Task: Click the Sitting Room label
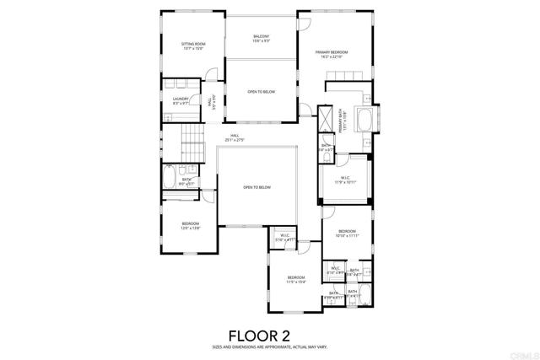[193, 46]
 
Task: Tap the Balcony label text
[262, 39]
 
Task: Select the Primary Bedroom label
[332, 55]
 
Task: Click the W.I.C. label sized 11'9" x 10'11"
[342, 180]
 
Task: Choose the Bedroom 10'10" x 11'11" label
[348, 233]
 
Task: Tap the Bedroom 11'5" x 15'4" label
[295, 279]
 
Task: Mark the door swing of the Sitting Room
[212, 73]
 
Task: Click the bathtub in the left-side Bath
[170, 180]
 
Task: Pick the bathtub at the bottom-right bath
[354, 295]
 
